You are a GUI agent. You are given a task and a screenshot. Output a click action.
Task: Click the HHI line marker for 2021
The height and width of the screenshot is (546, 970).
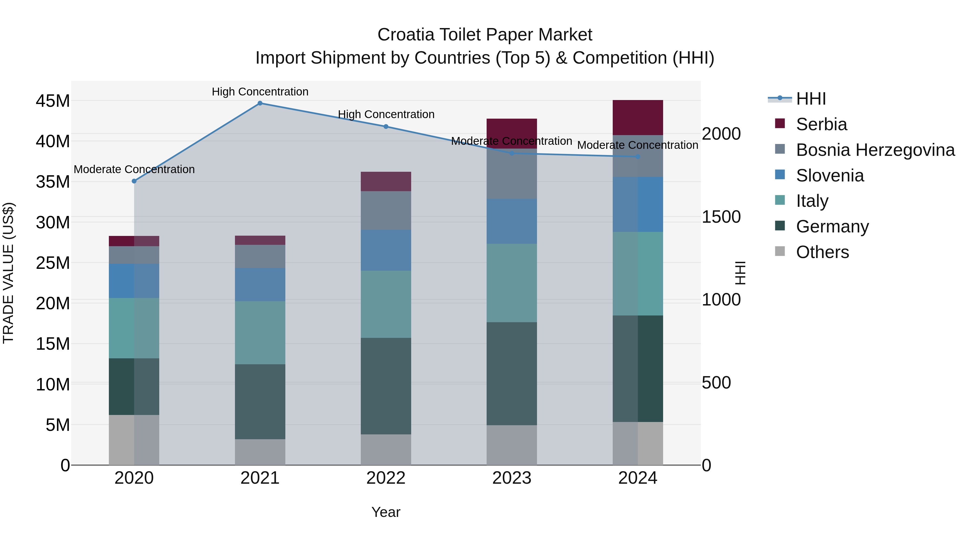260,103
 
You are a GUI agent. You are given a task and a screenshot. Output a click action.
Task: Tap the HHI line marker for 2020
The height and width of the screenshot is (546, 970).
134,181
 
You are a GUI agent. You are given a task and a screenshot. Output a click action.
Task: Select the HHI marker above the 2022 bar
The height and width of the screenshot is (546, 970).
386,127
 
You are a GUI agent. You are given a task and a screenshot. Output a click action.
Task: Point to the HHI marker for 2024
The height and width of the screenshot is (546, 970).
638,157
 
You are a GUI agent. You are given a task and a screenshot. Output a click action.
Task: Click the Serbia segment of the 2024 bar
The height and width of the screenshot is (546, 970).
638,118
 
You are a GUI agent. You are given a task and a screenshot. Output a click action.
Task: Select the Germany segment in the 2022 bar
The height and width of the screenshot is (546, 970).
386,386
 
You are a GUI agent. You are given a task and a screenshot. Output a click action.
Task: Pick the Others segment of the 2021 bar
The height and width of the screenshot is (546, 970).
260,452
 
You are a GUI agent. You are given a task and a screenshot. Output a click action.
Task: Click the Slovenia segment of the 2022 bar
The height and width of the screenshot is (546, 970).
386,250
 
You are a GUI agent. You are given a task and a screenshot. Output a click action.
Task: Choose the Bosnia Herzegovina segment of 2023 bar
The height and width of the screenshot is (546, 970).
512,174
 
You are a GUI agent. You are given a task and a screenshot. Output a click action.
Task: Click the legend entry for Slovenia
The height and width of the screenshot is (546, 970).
830,176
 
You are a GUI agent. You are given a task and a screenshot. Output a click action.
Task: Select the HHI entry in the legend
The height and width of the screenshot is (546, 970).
811,99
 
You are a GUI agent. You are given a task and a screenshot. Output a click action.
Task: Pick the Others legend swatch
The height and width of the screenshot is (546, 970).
780,251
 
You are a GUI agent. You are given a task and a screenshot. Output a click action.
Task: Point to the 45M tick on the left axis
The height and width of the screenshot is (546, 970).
53,101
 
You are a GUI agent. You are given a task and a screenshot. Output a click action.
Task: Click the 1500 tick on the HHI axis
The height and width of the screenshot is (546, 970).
721,217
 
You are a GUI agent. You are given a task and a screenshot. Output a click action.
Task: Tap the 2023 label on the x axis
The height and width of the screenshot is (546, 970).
512,478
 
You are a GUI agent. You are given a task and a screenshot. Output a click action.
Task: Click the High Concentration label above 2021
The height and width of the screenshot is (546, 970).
260,92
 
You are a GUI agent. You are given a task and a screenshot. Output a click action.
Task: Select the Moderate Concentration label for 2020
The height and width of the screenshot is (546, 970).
134,169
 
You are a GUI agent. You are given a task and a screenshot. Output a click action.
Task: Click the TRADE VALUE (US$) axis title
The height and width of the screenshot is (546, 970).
8,273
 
